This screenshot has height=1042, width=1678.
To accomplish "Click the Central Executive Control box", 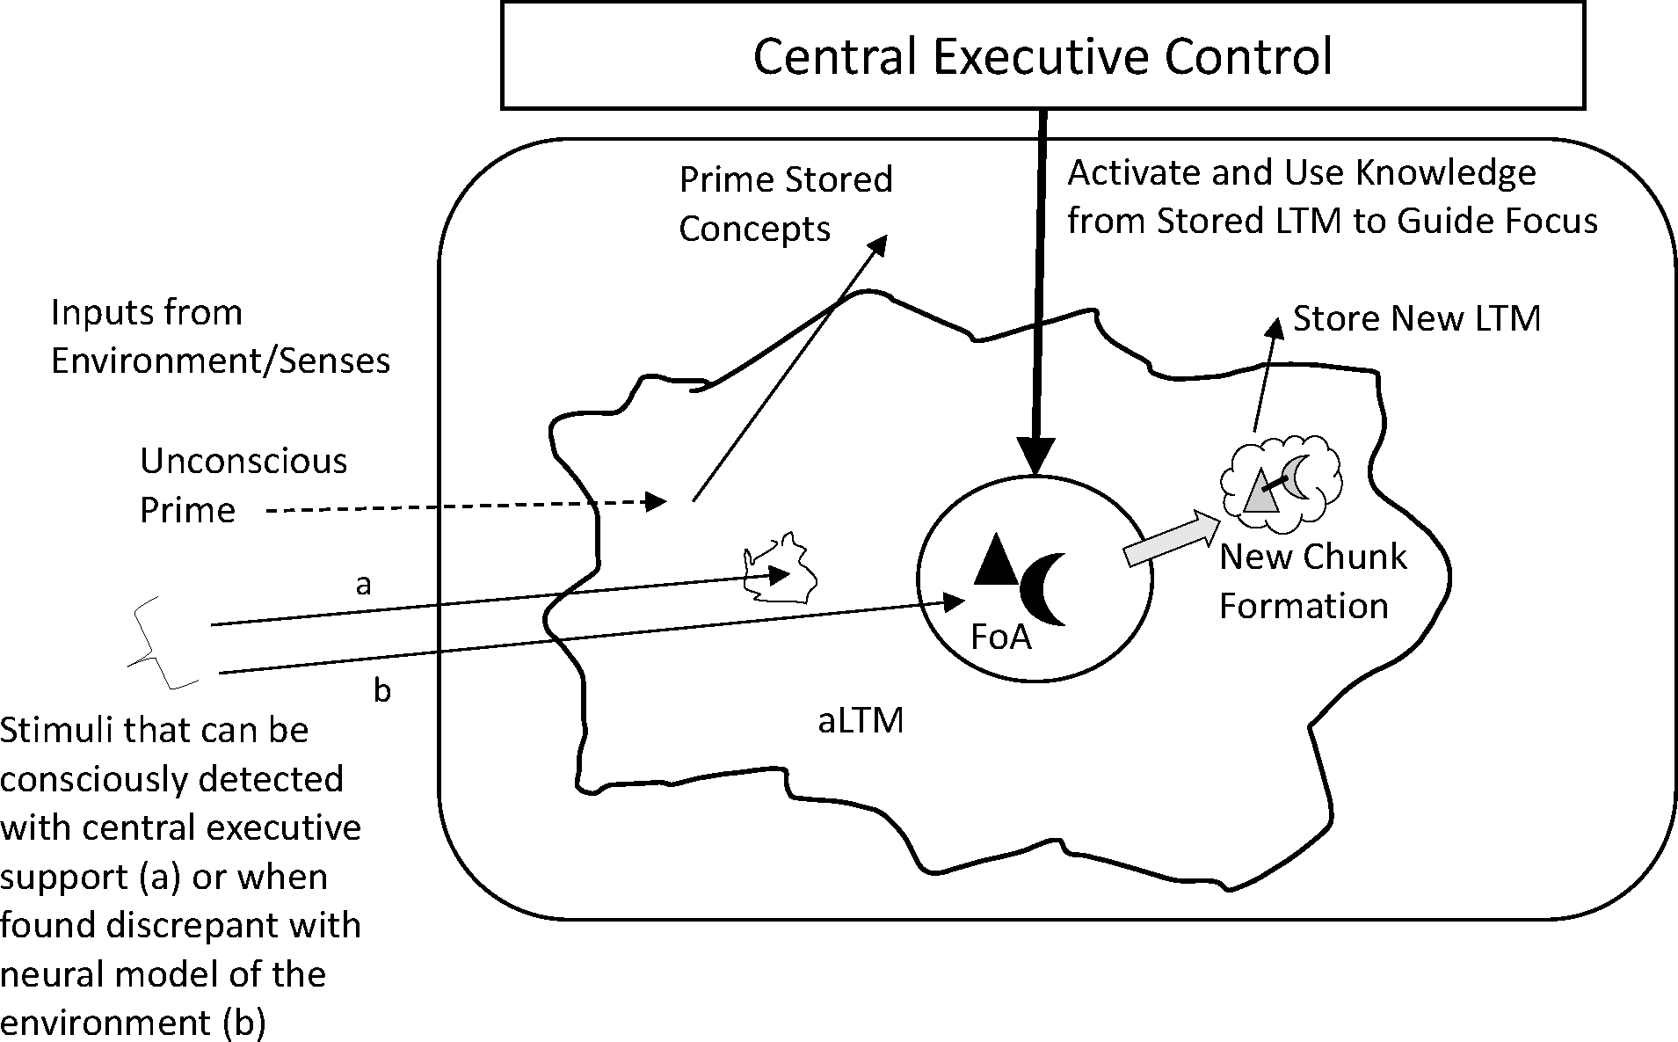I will pyautogui.click(x=1042, y=55).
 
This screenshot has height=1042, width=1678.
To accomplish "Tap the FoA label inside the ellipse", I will pyautogui.click(x=1000, y=636).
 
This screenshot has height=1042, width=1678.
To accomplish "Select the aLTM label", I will pyautogui.click(x=861, y=721).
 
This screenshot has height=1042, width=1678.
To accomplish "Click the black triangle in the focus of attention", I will pyautogui.click(x=996, y=561).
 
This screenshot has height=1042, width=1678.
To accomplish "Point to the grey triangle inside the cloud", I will pyautogui.click(x=1260, y=493).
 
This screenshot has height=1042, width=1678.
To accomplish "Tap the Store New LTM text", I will pyautogui.click(x=1416, y=318).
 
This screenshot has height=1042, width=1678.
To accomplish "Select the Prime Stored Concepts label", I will pyautogui.click(x=785, y=204).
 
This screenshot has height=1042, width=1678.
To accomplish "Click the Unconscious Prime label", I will pyautogui.click(x=243, y=485).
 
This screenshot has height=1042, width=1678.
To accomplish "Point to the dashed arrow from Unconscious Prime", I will pyautogui.click(x=466, y=505).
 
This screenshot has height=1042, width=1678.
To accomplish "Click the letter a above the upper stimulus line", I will pyautogui.click(x=363, y=584).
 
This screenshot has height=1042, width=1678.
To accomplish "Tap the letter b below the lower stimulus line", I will pyautogui.click(x=381, y=691).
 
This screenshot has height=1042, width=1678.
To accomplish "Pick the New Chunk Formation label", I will pyautogui.click(x=1312, y=580).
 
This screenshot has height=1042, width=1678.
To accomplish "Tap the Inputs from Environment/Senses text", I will pyautogui.click(x=220, y=337).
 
